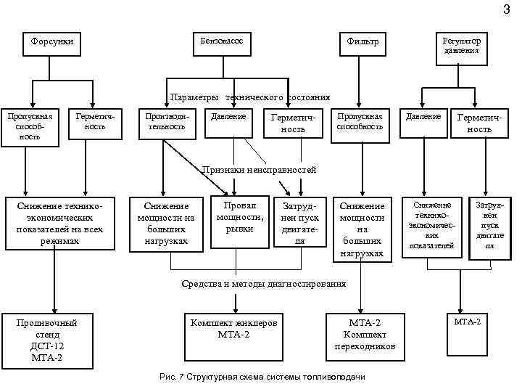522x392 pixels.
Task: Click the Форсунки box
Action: [52, 42]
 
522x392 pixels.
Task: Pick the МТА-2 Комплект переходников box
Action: [365, 334]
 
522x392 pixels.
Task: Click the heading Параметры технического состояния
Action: [250, 97]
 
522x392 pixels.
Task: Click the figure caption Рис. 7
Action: [262, 377]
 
